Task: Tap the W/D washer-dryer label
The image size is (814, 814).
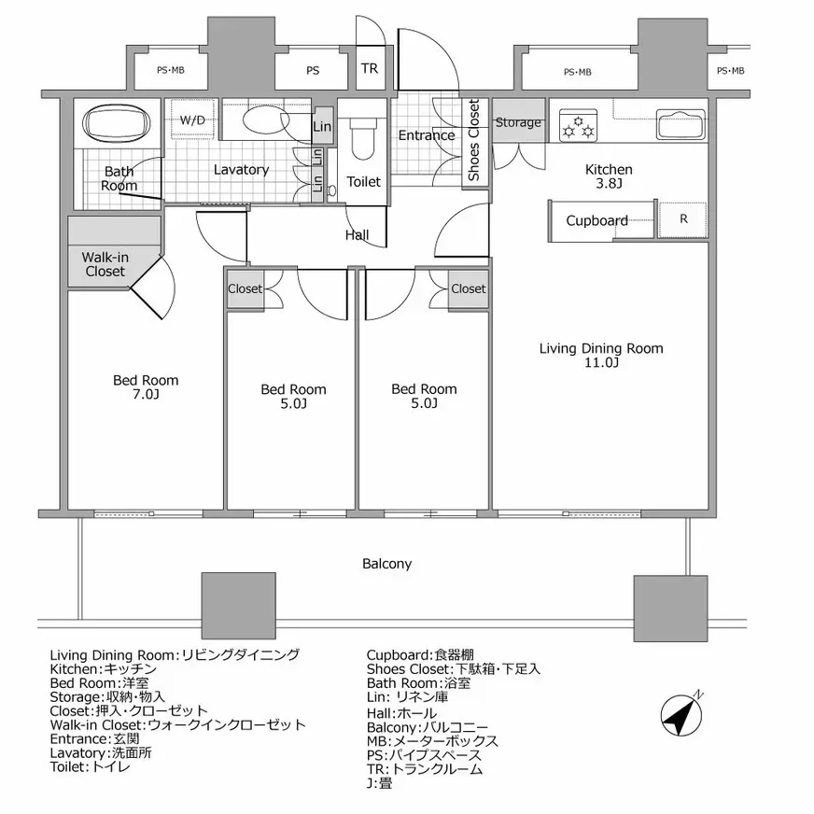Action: pyautogui.click(x=192, y=120)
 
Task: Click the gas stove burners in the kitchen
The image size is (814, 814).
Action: pyautogui.click(x=579, y=126)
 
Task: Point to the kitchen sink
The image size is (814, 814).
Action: pyautogui.click(x=681, y=124)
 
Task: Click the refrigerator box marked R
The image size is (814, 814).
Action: pyautogui.click(x=682, y=219)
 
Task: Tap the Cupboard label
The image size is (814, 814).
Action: pyautogui.click(x=596, y=220)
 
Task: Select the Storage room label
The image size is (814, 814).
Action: pyautogui.click(x=518, y=122)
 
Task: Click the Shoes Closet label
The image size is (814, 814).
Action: pyautogui.click(x=473, y=140)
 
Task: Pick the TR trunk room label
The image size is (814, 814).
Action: pyautogui.click(x=370, y=68)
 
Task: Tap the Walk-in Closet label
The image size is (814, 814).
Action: pyautogui.click(x=105, y=264)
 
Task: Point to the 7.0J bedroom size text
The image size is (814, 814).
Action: pyautogui.click(x=146, y=395)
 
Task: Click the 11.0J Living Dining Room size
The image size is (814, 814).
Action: pyautogui.click(x=601, y=362)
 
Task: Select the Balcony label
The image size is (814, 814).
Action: pyautogui.click(x=386, y=564)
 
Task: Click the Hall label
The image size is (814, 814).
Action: pyautogui.click(x=358, y=234)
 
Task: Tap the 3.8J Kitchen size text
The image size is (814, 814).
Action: pyautogui.click(x=609, y=183)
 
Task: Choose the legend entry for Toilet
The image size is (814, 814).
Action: pyautogui.click(x=91, y=766)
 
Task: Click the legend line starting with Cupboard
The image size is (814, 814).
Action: pyautogui.click(x=420, y=655)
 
